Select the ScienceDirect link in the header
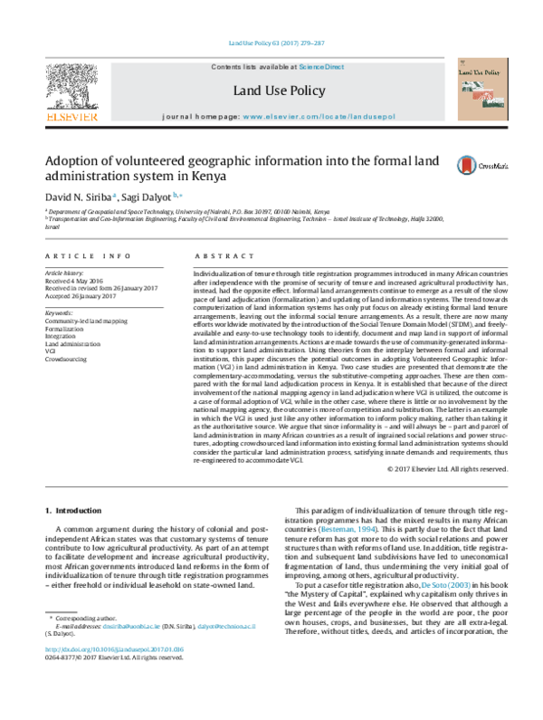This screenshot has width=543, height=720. (322, 68)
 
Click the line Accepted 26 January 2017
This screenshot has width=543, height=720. (83, 294)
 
